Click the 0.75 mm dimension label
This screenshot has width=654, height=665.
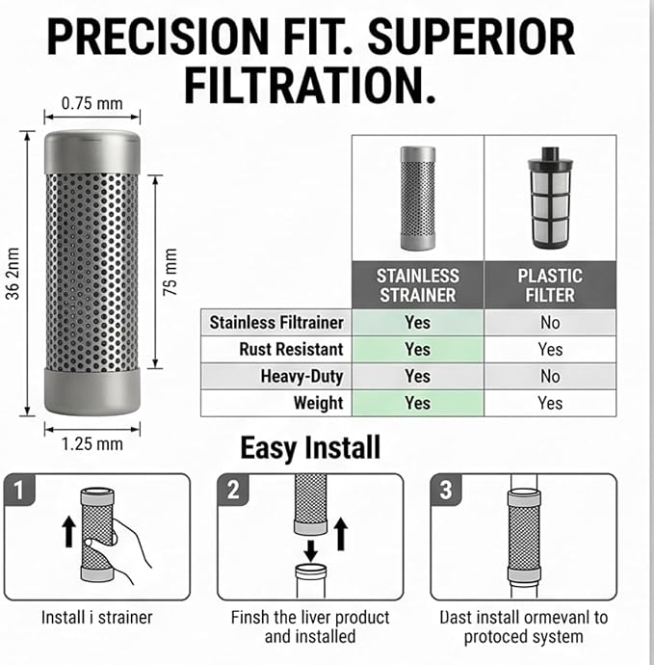(x=92, y=103)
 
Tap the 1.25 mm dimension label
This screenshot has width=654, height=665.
(x=92, y=444)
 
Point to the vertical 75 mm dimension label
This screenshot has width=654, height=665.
(x=170, y=272)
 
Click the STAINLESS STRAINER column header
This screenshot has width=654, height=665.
(x=417, y=285)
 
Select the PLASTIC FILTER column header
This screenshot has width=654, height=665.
(x=550, y=285)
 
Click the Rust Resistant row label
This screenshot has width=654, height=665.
(x=291, y=349)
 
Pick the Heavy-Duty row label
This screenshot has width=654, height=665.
(x=301, y=376)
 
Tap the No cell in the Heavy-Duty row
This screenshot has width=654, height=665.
(x=550, y=376)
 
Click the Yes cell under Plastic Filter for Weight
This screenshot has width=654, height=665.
(x=550, y=403)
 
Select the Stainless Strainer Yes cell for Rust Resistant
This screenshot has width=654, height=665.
(x=417, y=350)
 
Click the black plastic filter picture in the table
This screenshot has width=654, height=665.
(x=550, y=198)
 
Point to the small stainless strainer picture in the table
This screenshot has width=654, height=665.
(x=418, y=199)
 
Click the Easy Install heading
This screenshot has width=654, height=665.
(x=310, y=448)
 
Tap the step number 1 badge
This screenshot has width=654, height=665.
(x=18, y=490)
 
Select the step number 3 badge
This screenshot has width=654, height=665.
(x=445, y=490)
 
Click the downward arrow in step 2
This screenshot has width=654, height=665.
(x=311, y=550)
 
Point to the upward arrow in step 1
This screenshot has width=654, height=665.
(x=69, y=534)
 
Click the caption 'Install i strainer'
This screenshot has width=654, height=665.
(x=96, y=618)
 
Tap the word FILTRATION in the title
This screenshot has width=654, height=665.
(x=310, y=85)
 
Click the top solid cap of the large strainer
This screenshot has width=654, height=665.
(x=92, y=152)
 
